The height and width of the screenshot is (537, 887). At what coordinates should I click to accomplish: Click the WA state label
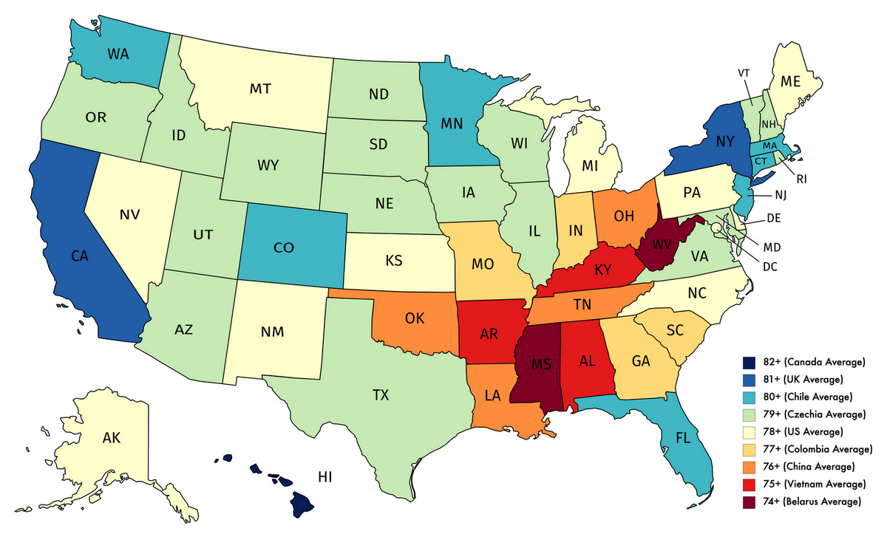pyautogui.click(x=120, y=54)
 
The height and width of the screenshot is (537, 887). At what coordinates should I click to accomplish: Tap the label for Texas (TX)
pyautogui.click(x=380, y=395)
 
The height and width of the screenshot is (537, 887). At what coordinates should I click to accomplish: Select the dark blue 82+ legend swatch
pyautogui.click(x=749, y=362)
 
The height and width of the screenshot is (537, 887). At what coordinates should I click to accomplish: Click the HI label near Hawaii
pyautogui.click(x=326, y=476)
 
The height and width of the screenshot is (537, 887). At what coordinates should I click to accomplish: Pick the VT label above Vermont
pyautogui.click(x=745, y=73)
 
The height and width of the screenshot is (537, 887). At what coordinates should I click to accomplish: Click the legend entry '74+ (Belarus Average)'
pyautogui.click(x=811, y=502)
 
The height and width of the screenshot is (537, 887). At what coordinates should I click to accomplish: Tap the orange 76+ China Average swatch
pyautogui.click(x=749, y=467)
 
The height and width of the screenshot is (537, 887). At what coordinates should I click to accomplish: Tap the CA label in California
pyautogui.click(x=81, y=256)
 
